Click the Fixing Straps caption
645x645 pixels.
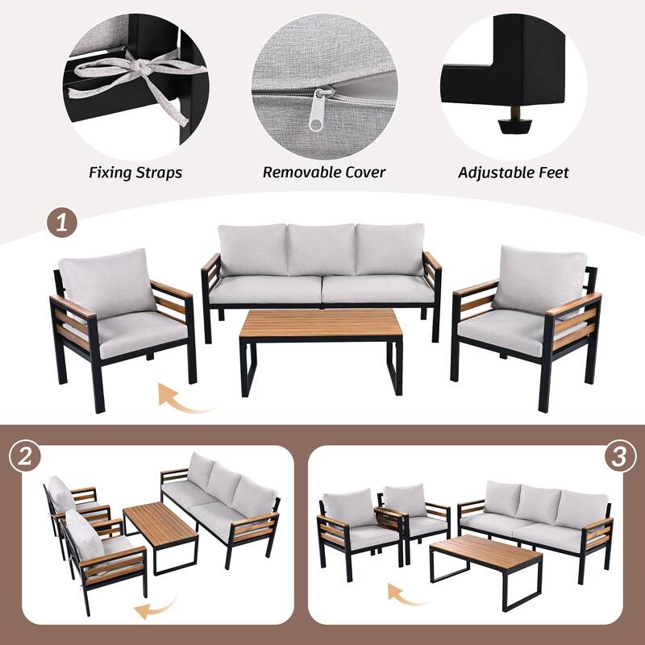(x=135, y=173)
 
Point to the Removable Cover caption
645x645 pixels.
(x=324, y=173)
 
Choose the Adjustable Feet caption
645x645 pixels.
(x=514, y=173)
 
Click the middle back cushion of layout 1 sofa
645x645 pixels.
(x=321, y=250)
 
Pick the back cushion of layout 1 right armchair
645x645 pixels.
(x=539, y=280)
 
